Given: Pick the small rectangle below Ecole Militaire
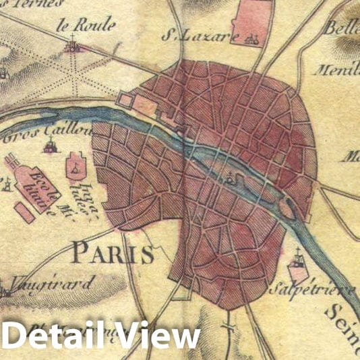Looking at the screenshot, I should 26,213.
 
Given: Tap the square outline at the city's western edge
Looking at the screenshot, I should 126,100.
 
